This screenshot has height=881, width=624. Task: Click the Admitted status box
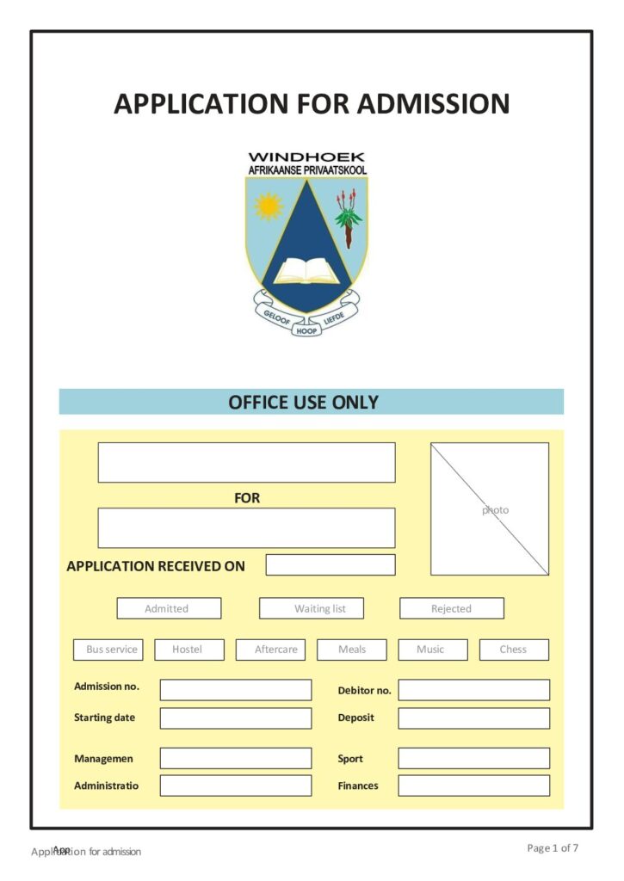[x=169, y=608]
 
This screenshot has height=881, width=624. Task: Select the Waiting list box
[x=312, y=608]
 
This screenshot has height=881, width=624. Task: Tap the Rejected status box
[x=451, y=608]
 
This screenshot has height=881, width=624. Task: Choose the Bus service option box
[x=112, y=650]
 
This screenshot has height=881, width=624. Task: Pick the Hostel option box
[x=188, y=650]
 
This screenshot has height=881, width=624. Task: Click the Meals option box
[x=351, y=650]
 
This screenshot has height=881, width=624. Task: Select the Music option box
[x=432, y=650]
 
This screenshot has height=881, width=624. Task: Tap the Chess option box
[x=513, y=650]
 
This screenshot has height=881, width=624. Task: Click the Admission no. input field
[x=235, y=690]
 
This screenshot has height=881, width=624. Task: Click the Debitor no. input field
[x=473, y=690]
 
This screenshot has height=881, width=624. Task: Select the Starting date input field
[x=235, y=718]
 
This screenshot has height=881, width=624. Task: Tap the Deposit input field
[x=473, y=718]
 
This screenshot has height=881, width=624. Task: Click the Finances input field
[x=473, y=786]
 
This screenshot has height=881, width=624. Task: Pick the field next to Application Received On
[x=330, y=564]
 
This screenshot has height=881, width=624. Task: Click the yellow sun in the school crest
[x=269, y=206]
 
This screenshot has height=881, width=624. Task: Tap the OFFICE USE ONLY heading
[x=303, y=402]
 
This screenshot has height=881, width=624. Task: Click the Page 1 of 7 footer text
[x=553, y=848]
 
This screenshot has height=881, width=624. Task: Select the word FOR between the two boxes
[x=247, y=498]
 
